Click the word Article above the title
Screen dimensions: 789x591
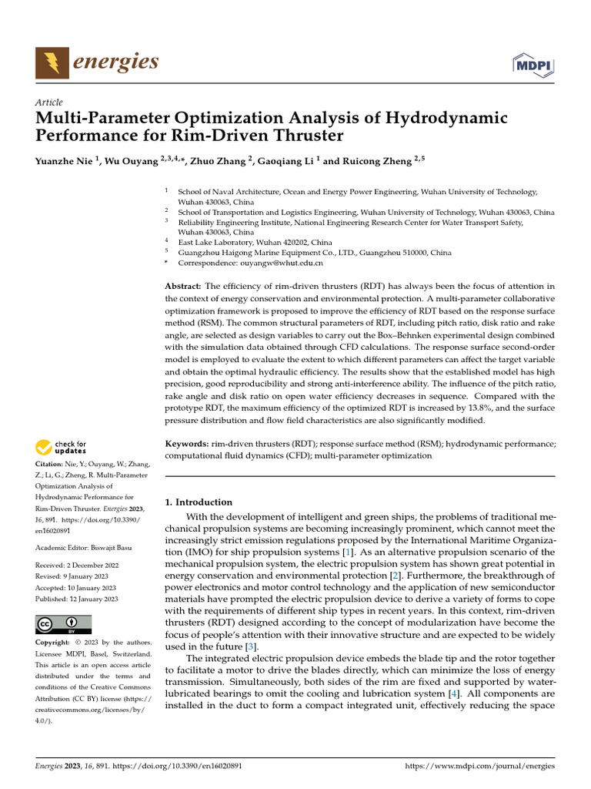pyautogui.click(x=49, y=102)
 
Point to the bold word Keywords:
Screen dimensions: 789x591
pyautogui.click(x=187, y=445)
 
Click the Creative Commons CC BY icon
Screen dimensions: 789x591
pyautogui.click(x=63, y=623)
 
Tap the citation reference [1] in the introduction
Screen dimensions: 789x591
pyautogui.click(x=327, y=552)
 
